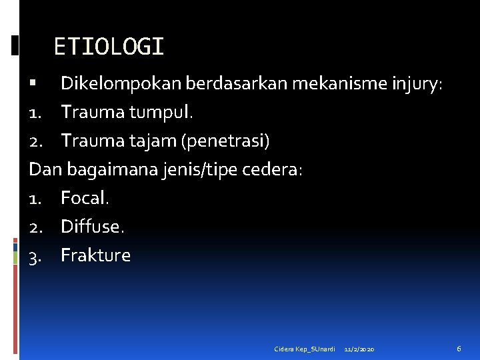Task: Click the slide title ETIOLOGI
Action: pyautogui.click(x=109, y=47)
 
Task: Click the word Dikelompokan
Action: pyautogui.click(x=122, y=84)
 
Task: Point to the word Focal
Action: pyautogui.click(x=85, y=198)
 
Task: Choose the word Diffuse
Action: pyautogui.click(x=92, y=227)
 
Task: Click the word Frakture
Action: pyautogui.click(x=95, y=255)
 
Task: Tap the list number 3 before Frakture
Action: pyautogui.click(x=34, y=256)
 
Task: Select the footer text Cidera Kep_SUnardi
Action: pyautogui.click(x=304, y=349)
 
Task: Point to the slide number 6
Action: pyautogui.click(x=459, y=349)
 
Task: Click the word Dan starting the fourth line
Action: pyautogui.click(x=44, y=170)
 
